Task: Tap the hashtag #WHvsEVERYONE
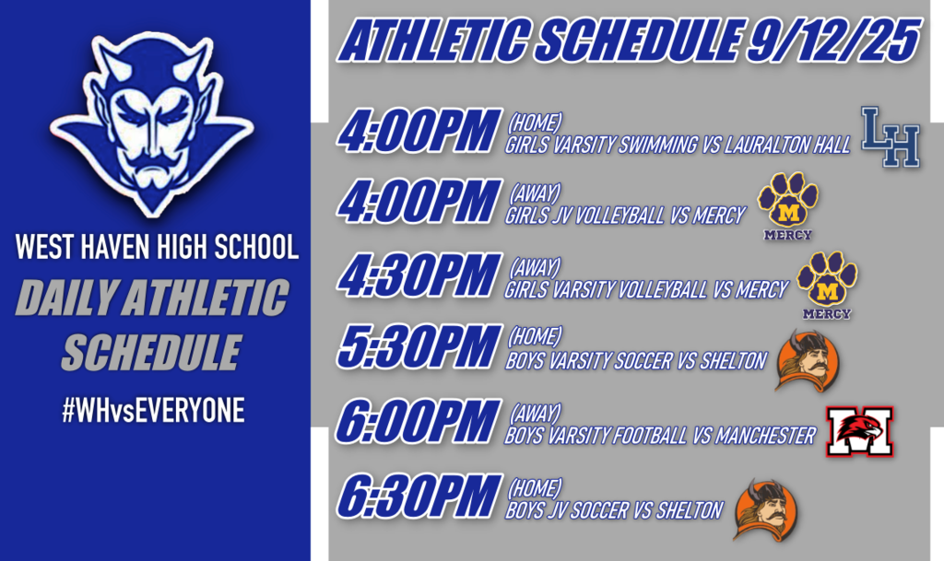pyautogui.click(x=153, y=411)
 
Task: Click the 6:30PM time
pyautogui.click(x=419, y=497)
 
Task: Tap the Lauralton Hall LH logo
pyautogui.click(x=891, y=137)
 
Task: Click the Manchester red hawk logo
pyautogui.click(x=860, y=432)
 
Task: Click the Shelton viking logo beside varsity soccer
pyautogui.click(x=806, y=360)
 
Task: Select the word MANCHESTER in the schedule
pyautogui.click(x=764, y=436)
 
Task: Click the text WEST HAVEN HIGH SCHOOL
pyautogui.click(x=157, y=248)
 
